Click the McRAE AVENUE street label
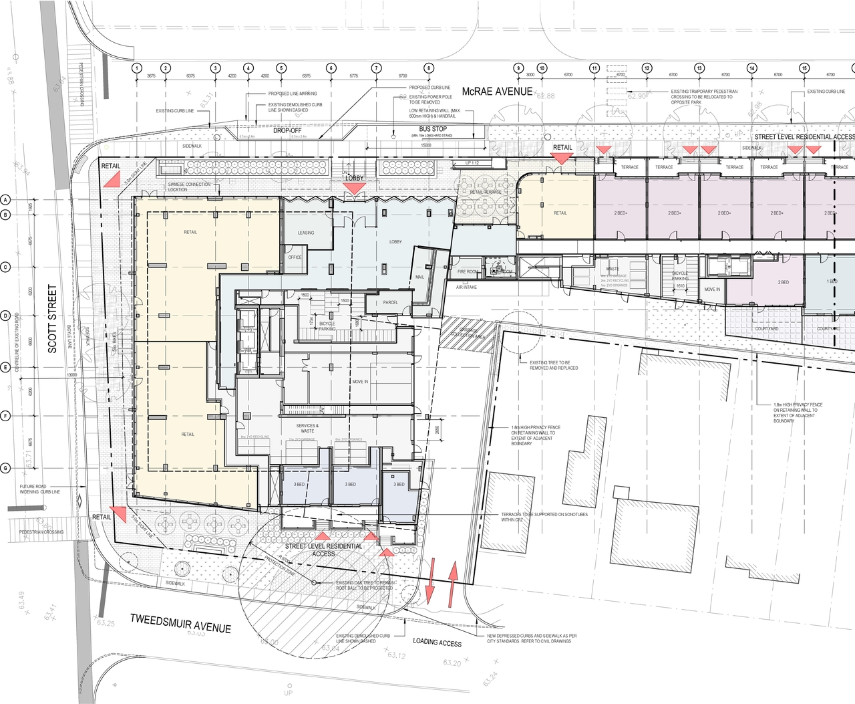pyautogui.click(x=497, y=92)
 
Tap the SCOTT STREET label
pyautogui.click(x=52, y=319)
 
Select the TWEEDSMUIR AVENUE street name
pyautogui.click(x=180, y=624)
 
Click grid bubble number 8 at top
pyautogui.click(x=429, y=68)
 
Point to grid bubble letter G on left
pyautogui.click(x=5, y=468)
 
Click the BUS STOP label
pyautogui.click(x=433, y=129)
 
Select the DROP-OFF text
pyautogui.click(x=287, y=130)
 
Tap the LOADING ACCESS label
pyautogui.click(x=437, y=642)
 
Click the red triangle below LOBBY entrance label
pyautogui.click(x=353, y=190)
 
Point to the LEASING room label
pyautogui.click(x=306, y=233)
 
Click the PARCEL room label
pyautogui.click(x=391, y=302)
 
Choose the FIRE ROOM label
pyautogui.click(x=468, y=272)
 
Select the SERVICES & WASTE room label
pyautogui.click(x=307, y=428)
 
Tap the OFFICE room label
pyautogui.click(x=295, y=257)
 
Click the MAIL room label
pyautogui.click(x=419, y=277)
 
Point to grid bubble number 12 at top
pyautogui.click(x=647, y=68)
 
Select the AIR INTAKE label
pyautogui.click(x=466, y=287)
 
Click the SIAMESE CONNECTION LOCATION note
pyautogui.click(x=189, y=187)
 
